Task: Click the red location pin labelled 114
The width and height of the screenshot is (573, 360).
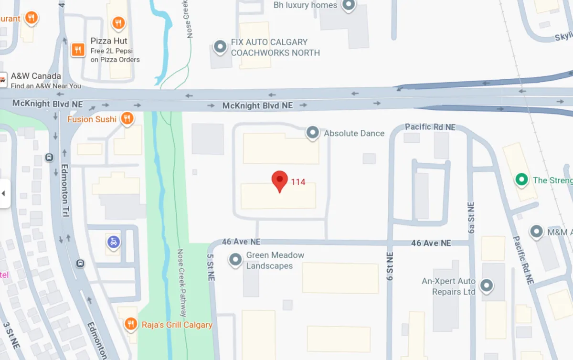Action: click(x=279, y=181)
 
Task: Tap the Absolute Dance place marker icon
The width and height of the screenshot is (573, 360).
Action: click(x=312, y=132)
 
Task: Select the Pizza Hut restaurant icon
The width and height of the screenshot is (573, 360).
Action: click(x=78, y=49)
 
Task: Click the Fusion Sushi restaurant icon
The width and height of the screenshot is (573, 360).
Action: click(x=127, y=118)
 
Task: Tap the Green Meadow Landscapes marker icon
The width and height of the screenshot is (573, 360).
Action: click(x=235, y=260)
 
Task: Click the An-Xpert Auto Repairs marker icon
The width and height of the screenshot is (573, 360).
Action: click(x=486, y=286)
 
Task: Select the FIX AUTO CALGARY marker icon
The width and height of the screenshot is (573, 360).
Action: click(x=220, y=47)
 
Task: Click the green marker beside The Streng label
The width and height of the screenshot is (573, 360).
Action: click(x=521, y=180)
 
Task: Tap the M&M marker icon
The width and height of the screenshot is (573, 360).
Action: click(x=537, y=232)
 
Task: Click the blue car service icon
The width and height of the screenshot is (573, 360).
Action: click(x=113, y=242)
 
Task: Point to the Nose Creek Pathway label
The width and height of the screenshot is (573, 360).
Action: click(x=182, y=283)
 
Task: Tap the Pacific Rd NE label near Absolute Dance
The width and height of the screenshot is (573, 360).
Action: click(x=430, y=127)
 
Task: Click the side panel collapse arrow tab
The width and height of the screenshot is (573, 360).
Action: click(x=4, y=193)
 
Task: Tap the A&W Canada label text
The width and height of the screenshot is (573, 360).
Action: click(x=36, y=76)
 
